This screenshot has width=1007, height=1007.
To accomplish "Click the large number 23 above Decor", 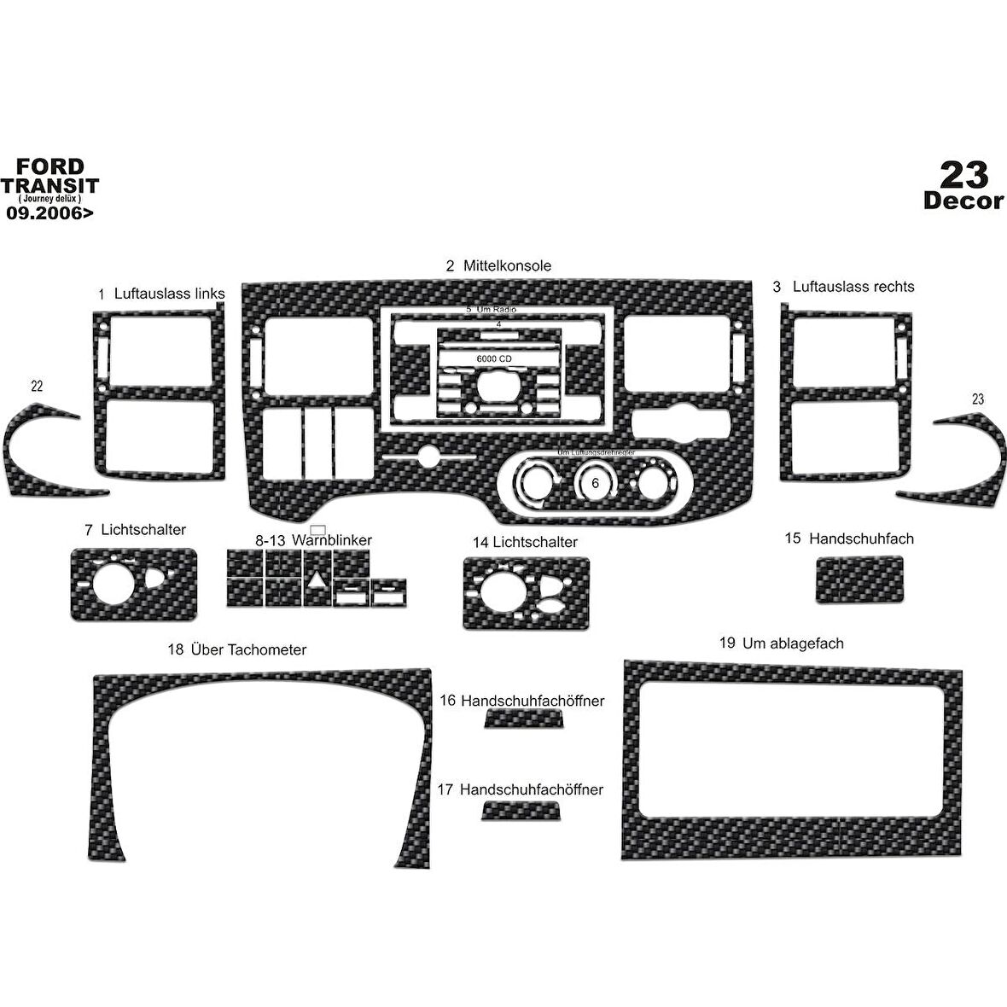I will pyautogui.click(x=963, y=175).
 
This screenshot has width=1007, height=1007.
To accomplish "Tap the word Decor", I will pyautogui.click(x=963, y=201).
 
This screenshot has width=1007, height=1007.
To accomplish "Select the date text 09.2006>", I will pyautogui.click(x=50, y=214).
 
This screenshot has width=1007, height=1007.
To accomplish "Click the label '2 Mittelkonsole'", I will pyautogui.click(x=498, y=265).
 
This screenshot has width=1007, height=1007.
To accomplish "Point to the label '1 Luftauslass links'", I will pyautogui.click(x=161, y=294).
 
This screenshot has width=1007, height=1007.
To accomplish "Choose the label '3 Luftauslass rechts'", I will pyautogui.click(x=843, y=287).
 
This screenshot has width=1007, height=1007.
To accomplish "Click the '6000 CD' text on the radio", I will pyautogui.click(x=494, y=360).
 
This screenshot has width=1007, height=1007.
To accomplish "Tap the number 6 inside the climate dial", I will pyautogui.click(x=595, y=483).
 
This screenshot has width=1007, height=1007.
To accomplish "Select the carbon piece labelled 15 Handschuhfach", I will pyautogui.click(x=859, y=579).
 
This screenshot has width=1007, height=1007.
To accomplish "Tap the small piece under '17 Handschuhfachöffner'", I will pyautogui.click(x=521, y=810).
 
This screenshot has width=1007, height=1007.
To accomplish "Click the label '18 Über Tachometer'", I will pyautogui.click(x=237, y=649).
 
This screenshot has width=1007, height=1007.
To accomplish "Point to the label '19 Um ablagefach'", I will pyautogui.click(x=781, y=643).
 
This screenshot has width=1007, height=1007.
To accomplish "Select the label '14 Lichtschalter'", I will pyautogui.click(x=525, y=542).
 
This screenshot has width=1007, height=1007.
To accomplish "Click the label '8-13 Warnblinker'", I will pyautogui.click(x=313, y=540).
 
